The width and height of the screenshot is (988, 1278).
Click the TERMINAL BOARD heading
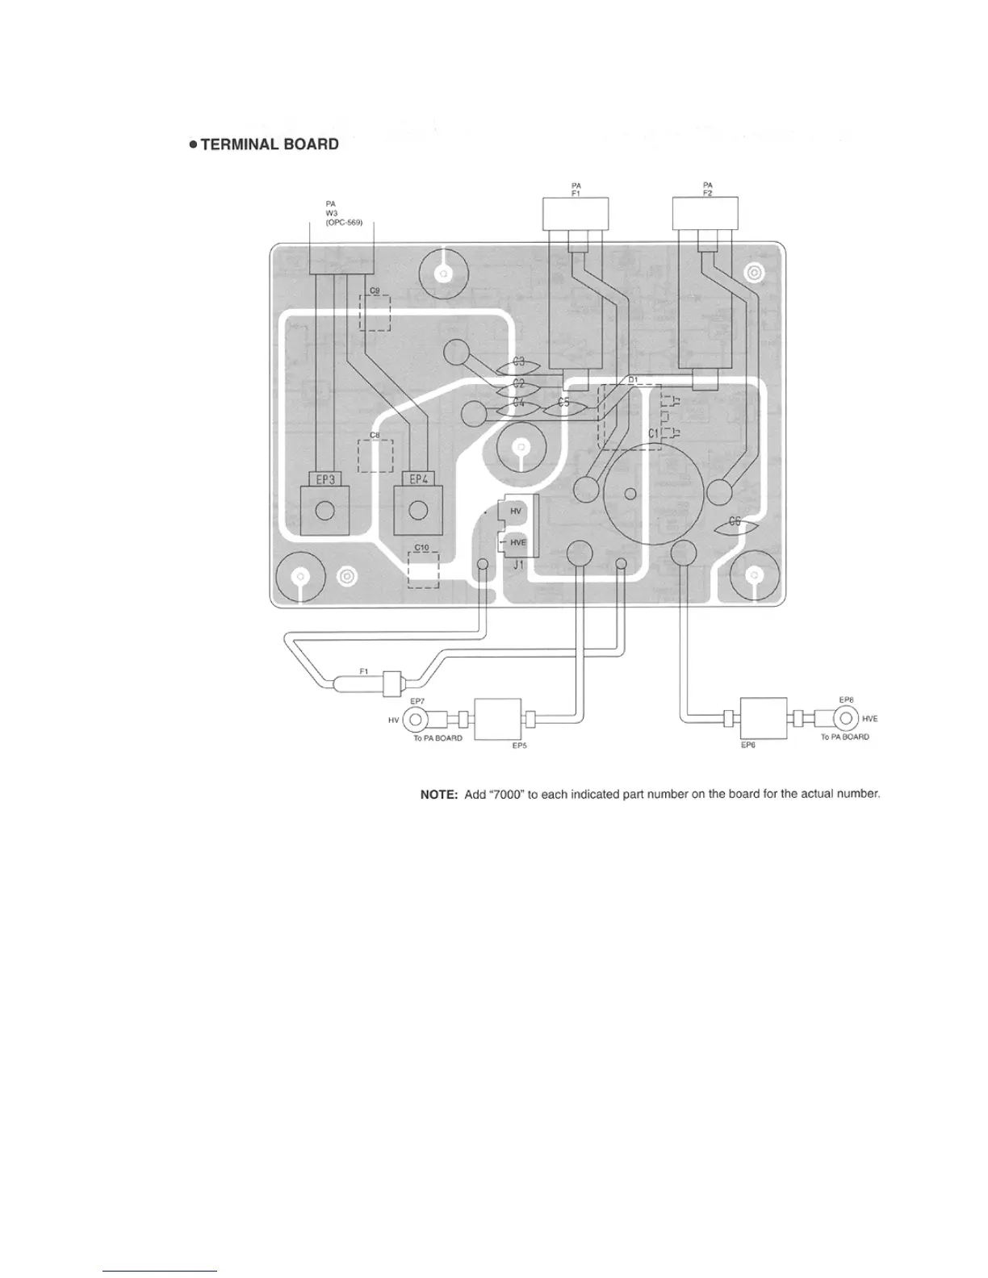click(x=262, y=145)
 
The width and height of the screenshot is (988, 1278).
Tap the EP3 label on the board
click(x=324, y=479)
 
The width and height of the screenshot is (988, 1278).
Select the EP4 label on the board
click(x=418, y=479)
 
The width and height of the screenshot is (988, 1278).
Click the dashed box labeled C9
click(x=375, y=312)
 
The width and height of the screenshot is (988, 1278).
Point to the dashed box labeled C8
click(x=375, y=456)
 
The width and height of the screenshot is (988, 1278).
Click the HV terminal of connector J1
click(x=516, y=511)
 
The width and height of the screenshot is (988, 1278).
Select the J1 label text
click(x=518, y=564)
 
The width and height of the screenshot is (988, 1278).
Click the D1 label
click(x=633, y=379)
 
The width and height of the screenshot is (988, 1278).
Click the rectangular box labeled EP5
click(x=498, y=718)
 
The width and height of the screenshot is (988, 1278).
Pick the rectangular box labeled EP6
click(x=763, y=717)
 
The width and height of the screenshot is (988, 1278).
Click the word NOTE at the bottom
click(x=439, y=794)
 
